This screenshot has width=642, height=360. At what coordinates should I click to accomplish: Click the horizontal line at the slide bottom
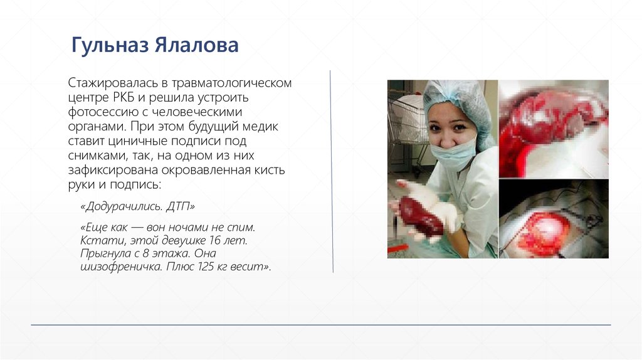pos(320,325)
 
